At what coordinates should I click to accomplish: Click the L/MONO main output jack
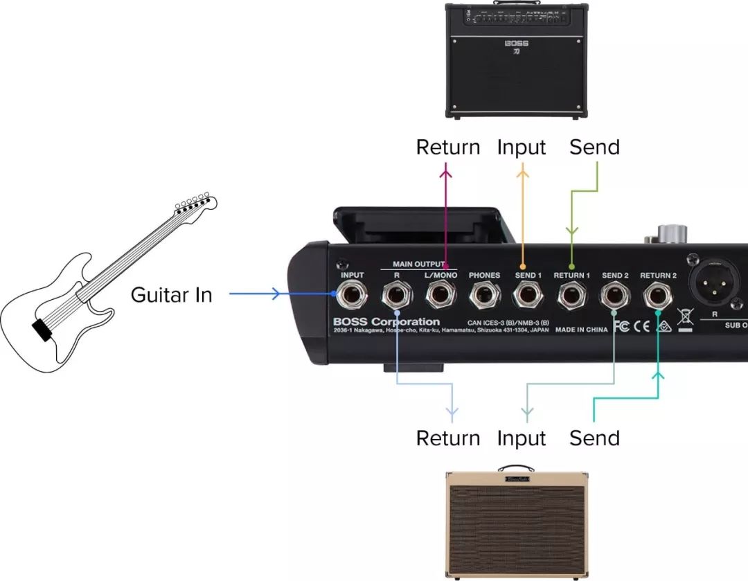click(440, 297)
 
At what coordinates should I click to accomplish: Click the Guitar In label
click(171, 295)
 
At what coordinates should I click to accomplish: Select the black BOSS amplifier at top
click(516, 61)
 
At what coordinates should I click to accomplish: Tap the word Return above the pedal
click(447, 148)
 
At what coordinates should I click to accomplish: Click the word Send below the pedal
click(594, 438)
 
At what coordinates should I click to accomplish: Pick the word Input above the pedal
click(522, 148)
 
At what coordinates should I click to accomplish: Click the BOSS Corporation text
click(386, 322)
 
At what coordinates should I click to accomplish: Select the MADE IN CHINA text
click(581, 330)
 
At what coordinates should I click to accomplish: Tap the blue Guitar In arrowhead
click(275, 294)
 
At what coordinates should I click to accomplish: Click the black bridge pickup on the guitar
click(42, 331)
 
